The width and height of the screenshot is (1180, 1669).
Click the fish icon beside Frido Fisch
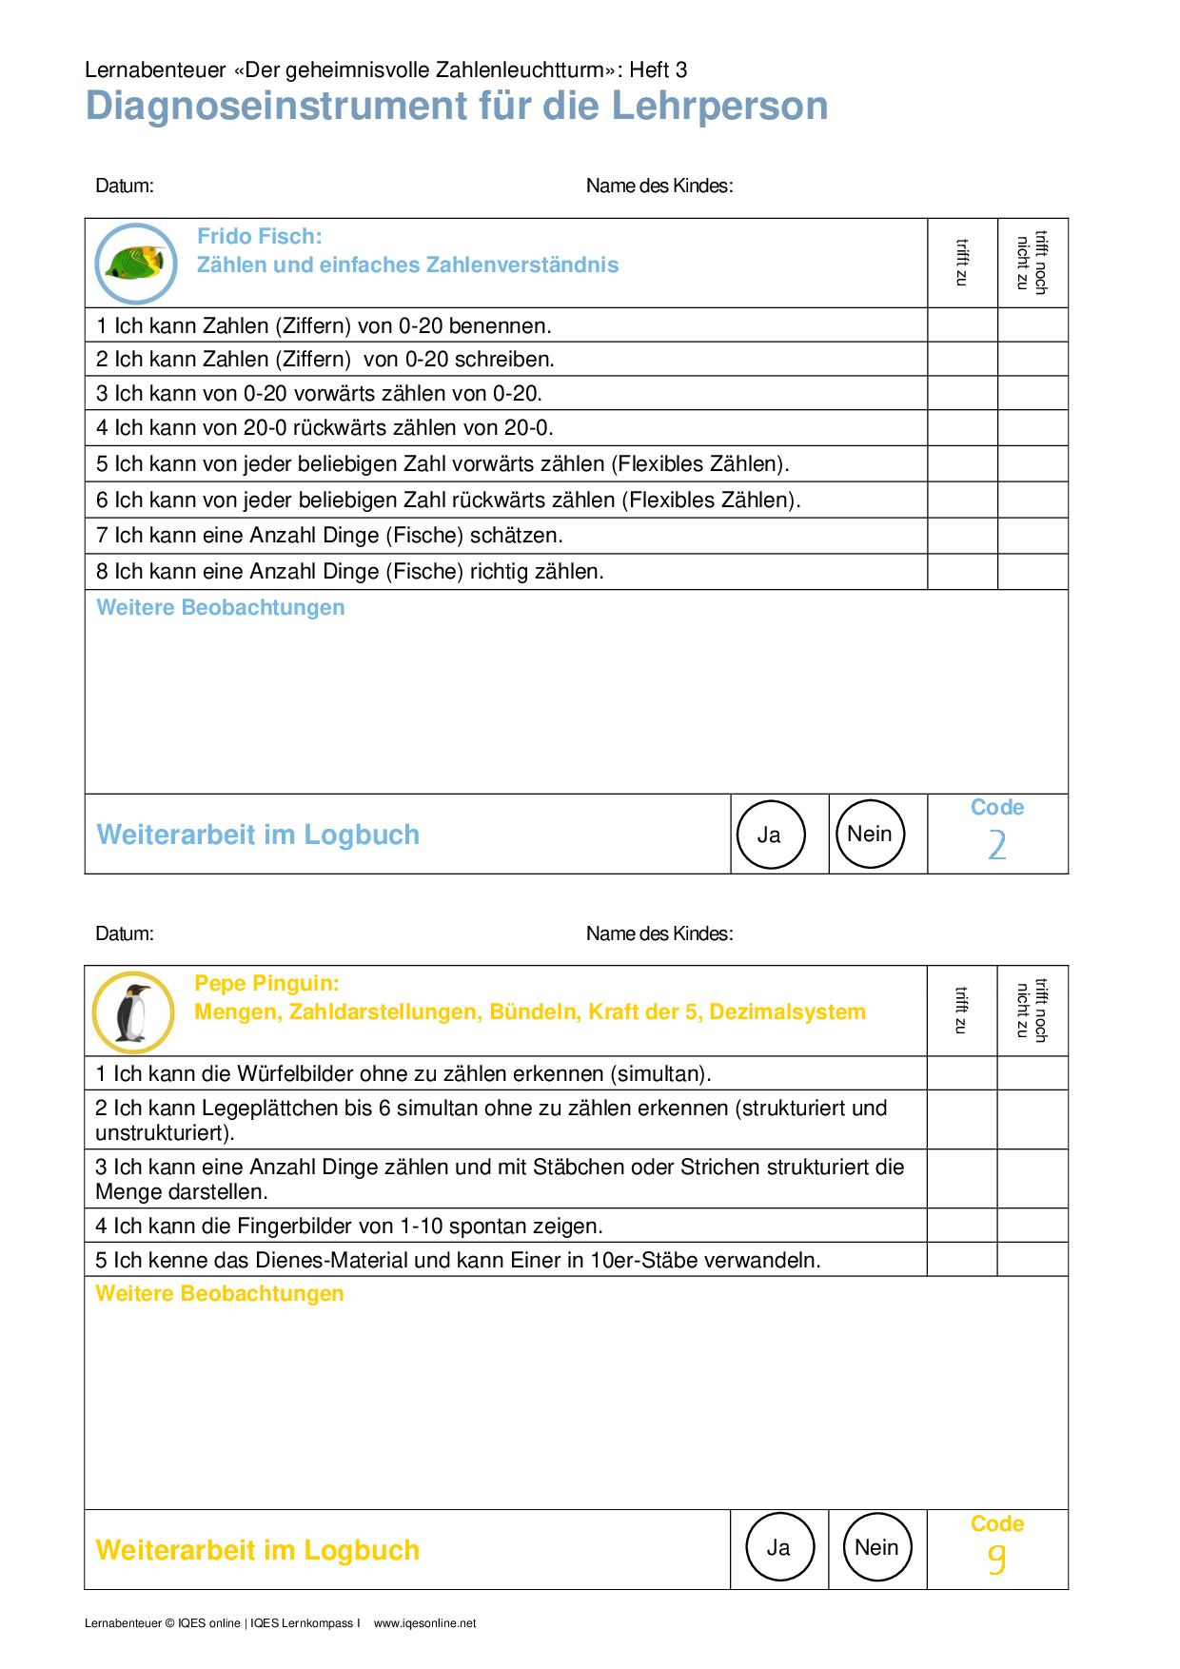pos(136,264)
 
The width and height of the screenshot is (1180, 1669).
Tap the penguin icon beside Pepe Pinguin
pos(133,1012)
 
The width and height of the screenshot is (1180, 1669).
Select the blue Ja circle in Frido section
pos(771,834)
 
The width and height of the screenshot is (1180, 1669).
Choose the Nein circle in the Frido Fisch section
pos(870,834)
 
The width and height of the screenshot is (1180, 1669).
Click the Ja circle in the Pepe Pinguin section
pos(779,1547)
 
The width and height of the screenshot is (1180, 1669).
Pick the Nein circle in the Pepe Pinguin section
pos(877,1547)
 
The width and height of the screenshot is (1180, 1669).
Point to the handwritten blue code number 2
pos(996,845)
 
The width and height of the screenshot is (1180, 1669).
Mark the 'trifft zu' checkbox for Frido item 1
pos(962,325)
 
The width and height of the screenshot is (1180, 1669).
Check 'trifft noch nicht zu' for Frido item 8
pos(1032,572)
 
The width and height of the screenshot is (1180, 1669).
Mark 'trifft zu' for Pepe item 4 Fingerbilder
pos(962,1226)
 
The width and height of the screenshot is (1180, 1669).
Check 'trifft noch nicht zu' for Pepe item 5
pos(1032,1260)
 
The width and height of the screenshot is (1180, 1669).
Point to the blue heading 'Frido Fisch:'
pos(260,236)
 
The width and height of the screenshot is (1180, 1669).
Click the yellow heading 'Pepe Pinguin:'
pos(266,984)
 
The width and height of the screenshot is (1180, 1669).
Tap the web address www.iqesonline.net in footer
pos(424,1623)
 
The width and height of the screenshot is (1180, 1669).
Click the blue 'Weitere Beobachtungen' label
pos(221,608)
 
